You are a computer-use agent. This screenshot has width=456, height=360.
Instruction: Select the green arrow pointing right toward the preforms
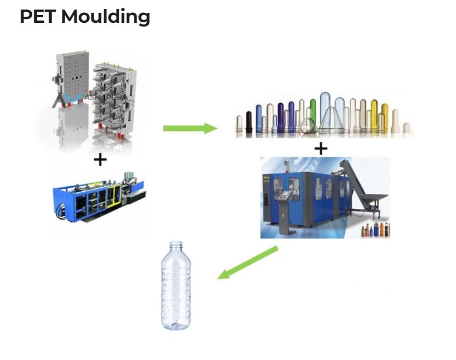190,128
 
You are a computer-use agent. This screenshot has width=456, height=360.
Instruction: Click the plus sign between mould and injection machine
100,160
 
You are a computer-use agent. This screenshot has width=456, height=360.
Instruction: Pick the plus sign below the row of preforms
321,149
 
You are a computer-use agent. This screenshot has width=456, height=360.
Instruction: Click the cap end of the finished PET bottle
176,245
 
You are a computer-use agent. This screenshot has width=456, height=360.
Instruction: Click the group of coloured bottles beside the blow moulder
376,230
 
